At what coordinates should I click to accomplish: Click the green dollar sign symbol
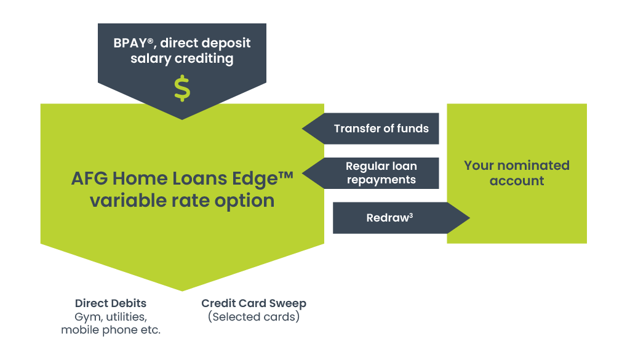tap(182, 88)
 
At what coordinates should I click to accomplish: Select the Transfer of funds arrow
tap(370, 129)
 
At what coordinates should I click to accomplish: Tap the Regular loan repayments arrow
tap(370, 173)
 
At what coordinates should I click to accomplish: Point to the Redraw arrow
tap(401, 218)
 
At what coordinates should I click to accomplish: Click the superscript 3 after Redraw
tap(411, 215)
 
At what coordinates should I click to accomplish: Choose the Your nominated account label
tap(517, 173)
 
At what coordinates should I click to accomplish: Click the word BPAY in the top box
tap(131, 43)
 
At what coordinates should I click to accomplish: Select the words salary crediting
tap(182, 58)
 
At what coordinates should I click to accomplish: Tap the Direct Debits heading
tap(111, 303)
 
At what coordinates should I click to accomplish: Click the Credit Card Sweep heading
tap(254, 303)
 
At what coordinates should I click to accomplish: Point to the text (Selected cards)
tap(254, 316)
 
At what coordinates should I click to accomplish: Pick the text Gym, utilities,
tap(111, 317)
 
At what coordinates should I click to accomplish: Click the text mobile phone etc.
tap(111, 330)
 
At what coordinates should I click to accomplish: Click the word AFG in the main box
tap(89, 178)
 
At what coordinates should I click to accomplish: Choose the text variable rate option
tap(182, 201)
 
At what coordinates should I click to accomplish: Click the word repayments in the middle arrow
tap(381, 180)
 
